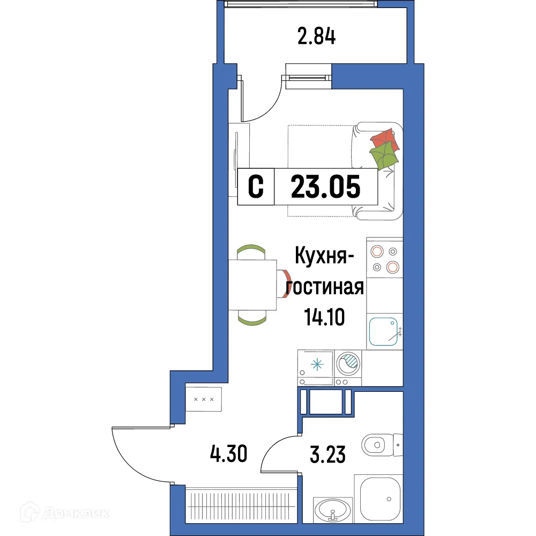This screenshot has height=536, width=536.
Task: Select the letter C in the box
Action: click(x=256, y=187)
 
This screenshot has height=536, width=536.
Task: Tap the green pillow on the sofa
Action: click(x=384, y=156)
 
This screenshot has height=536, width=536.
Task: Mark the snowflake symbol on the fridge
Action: click(x=318, y=365)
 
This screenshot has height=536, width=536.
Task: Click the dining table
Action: click(x=252, y=285)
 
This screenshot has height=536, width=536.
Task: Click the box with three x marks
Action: click(x=204, y=399)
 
